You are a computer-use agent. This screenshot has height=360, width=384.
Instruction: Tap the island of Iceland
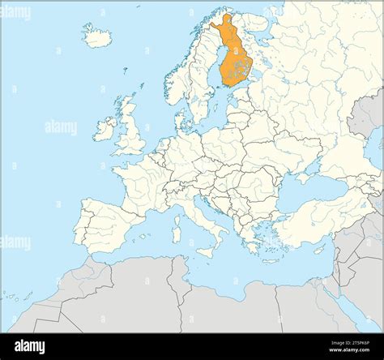click(98, 36)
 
